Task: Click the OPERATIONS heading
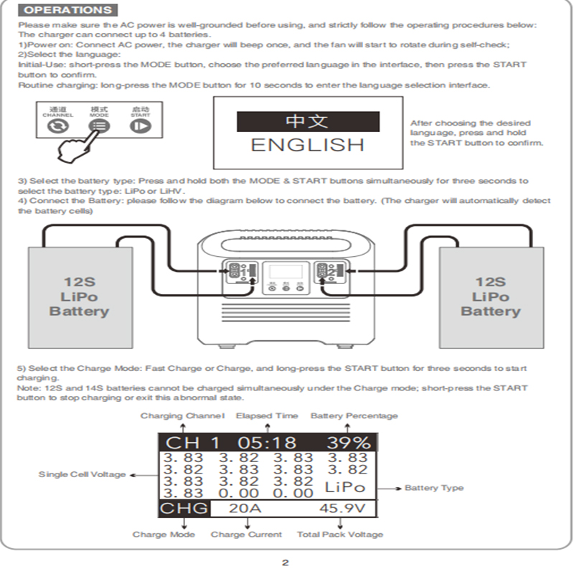point(68,10)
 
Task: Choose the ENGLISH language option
point(307,145)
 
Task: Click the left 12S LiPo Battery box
point(79,296)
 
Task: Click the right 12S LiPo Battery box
point(491,296)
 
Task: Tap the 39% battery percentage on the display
point(349,443)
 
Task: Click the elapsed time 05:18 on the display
point(267,443)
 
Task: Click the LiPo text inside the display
point(346,487)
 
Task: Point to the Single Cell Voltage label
point(82,474)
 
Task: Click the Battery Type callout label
point(434,488)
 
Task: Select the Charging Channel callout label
point(182,415)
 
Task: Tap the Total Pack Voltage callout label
point(340,535)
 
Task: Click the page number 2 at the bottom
point(286,563)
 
